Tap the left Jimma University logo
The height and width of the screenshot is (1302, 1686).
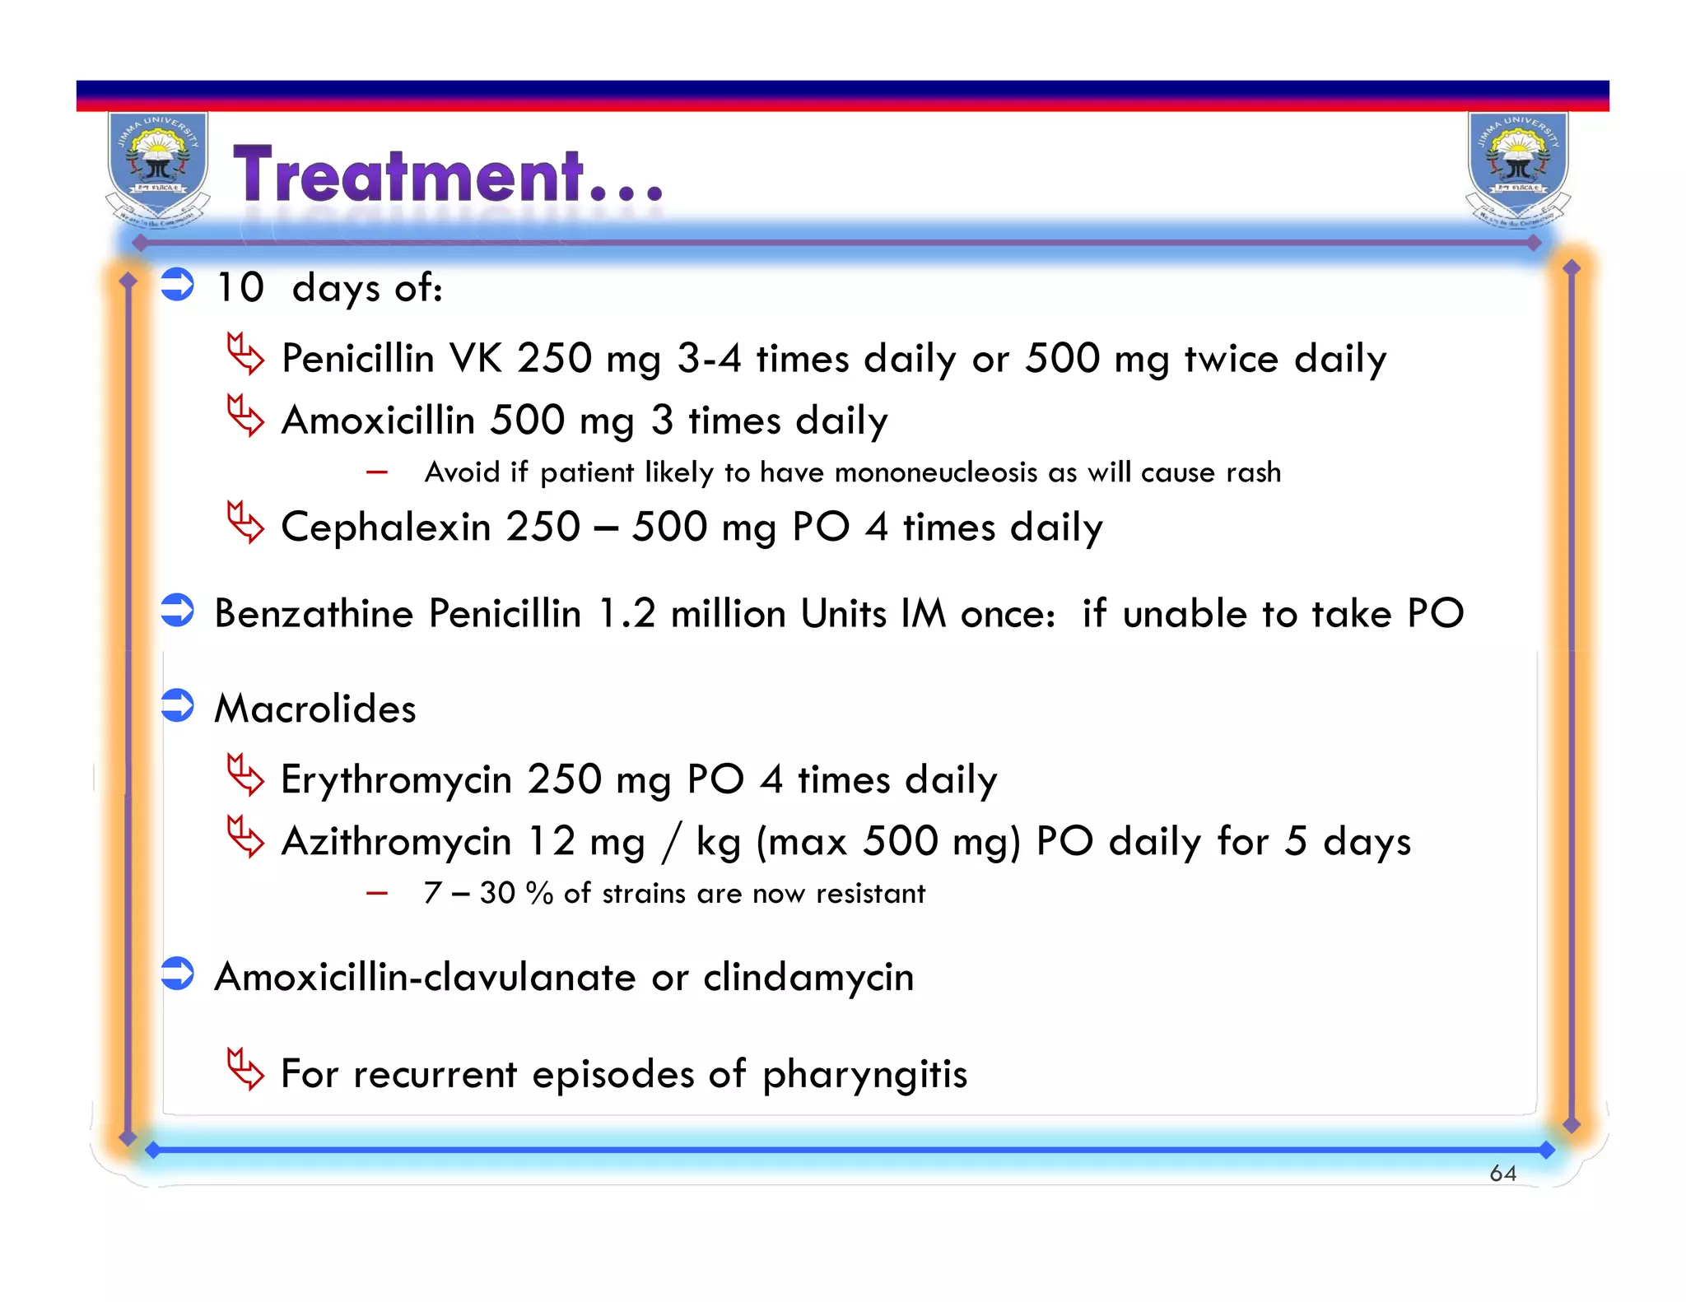coord(157,169)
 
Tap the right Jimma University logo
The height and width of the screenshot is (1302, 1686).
coord(1518,169)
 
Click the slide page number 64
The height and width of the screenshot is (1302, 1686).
coord(1502,1173)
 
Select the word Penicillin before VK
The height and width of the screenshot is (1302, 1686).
coord(357,359)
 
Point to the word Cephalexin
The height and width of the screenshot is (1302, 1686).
coord(385,527)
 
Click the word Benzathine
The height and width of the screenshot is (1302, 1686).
coord(314,614)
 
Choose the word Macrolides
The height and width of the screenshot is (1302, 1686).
coord(314,709)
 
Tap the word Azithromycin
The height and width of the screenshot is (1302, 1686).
coord(396,842)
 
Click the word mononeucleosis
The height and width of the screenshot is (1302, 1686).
coord(935,472)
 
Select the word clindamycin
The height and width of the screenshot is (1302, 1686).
coord(808,978)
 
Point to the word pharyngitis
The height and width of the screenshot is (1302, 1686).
coord(864,1075)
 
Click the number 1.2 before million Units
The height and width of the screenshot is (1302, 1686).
coord(626,614)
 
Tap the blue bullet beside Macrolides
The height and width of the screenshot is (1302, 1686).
coord(177,705)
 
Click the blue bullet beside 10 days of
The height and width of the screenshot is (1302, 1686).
coord(177,285)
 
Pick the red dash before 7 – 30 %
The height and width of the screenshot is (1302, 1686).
coord(377,893)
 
